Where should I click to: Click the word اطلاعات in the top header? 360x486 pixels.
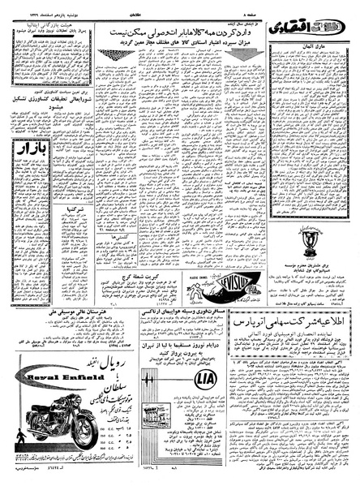pos(179,6)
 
